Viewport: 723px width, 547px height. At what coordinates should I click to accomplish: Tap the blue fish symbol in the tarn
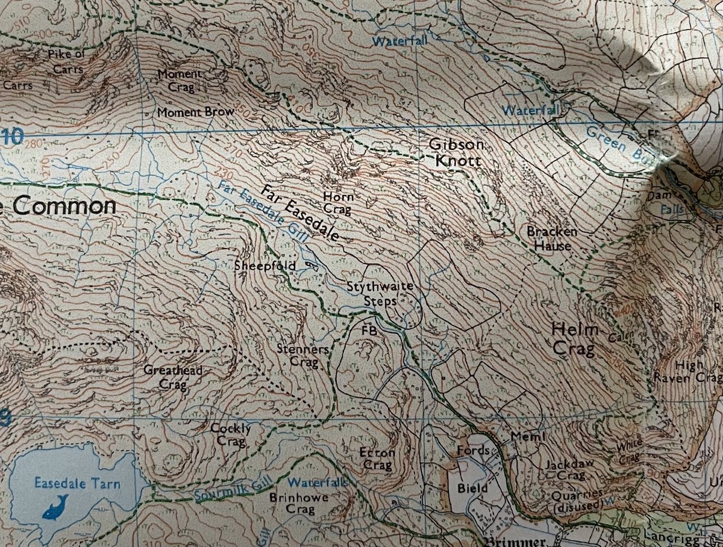coord(55,506)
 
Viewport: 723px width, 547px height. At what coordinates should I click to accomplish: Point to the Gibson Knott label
coord(455,153)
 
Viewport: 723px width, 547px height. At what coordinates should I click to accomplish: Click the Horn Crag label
coord(338,203)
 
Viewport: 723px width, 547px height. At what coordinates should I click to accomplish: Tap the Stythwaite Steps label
coord(380,293)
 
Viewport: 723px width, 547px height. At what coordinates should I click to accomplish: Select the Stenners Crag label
coord(303,355)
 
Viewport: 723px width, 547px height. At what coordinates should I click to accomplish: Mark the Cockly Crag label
coord(230,434)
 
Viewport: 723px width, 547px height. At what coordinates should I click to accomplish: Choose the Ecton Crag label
coord(377,459)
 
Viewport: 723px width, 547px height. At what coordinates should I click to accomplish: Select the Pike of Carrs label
coord(66,62)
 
